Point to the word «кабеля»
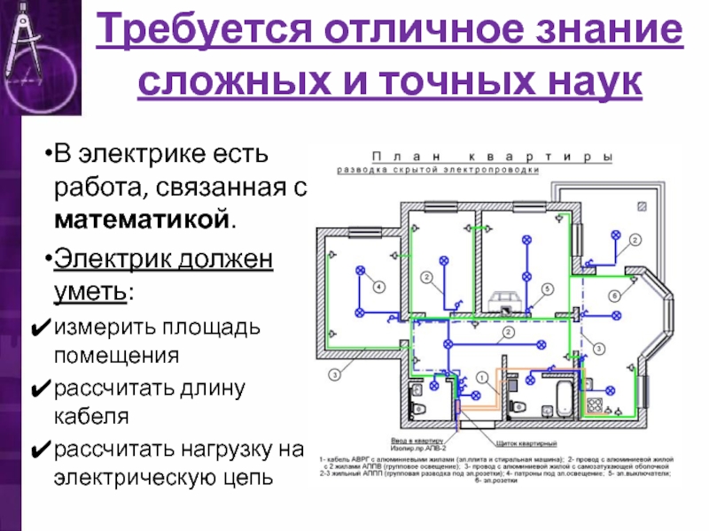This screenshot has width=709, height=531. (x=90, y=416)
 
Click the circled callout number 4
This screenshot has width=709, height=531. (x=378, y=287)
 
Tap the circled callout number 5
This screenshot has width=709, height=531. (x=548, y=289)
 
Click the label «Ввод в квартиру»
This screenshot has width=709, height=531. (x=417, y=437)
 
